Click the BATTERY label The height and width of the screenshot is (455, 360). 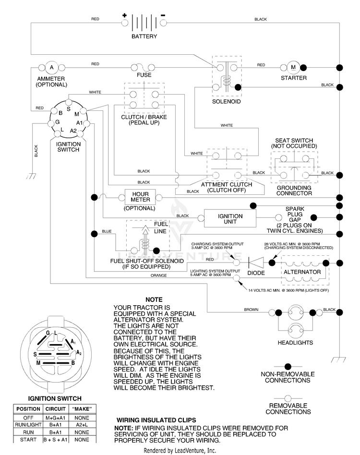pos(144,36)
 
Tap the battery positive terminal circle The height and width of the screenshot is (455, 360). pos(125,23)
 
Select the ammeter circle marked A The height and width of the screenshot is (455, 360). pos(52,68)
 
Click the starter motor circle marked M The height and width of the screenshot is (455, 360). pos(293,67)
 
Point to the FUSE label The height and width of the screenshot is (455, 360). pos(144,75)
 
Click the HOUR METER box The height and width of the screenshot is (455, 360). pos(140,197)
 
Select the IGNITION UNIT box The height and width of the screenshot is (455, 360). pos(230,218)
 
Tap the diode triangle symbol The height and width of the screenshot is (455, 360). pos(256,263)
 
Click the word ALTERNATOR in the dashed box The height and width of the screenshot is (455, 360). pos(302,272)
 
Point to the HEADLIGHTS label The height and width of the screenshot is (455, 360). pos(295,343)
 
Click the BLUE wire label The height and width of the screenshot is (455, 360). pos(107,231)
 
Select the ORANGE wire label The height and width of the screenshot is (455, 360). pos(159,275)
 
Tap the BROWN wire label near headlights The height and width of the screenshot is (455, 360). pos(251,310)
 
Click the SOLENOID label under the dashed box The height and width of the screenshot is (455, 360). pos(226,102)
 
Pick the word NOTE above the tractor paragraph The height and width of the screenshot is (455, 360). pos(154,300)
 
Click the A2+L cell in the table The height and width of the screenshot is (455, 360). pos(82,425)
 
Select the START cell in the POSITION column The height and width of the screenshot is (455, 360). pos(28,440)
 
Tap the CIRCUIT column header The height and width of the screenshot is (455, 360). pos(55,409)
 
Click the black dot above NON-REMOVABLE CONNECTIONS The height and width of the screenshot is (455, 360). pos(288,367)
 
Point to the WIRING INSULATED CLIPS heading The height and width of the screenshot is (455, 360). pos(156,420)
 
